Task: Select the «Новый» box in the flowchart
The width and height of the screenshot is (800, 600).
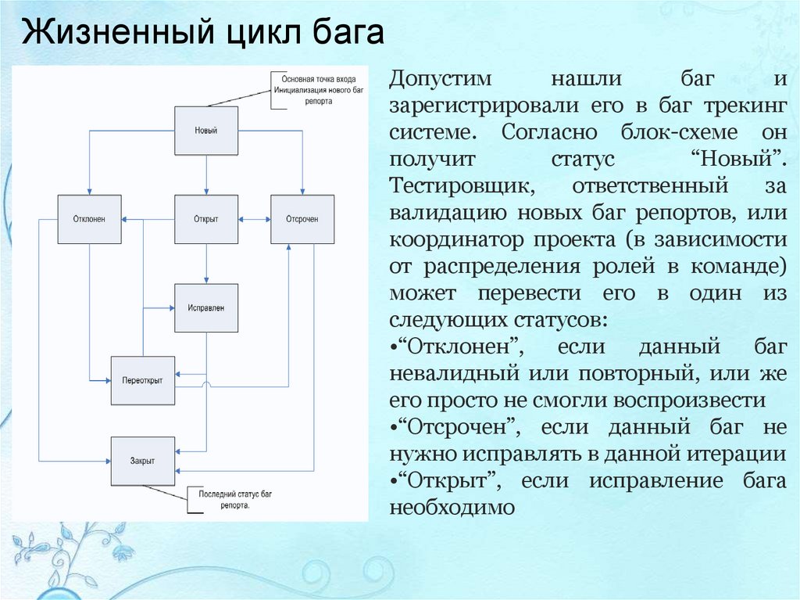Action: pyautogui.click(x=205, y=130)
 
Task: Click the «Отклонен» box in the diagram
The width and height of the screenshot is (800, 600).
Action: pyautogui.click(x=91, y=219)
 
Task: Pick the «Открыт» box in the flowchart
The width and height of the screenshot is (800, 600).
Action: pyautogui.click(x=205, y=219)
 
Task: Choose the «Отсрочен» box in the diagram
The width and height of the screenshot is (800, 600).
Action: pyautogui.click(x=302, y=219)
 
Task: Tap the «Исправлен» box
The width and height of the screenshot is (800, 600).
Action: pyautogui.click(x=205, y=308)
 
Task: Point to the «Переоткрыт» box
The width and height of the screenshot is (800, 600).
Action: pyautogui.click(x=142, y=380)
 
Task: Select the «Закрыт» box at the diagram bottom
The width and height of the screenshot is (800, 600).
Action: pyautogui.click(x=142, y=461)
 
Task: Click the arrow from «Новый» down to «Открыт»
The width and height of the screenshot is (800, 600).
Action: pyautogui.click(x=206, y=174)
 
